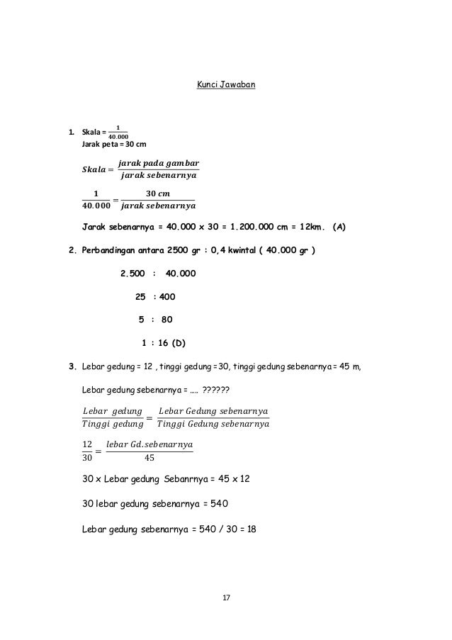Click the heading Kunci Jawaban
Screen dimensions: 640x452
pyautogui.click(x=225, y=86)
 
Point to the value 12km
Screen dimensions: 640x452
pyautogui.click(x=306, y=228)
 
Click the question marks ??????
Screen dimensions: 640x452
pyautogui.click(x=220, y=389)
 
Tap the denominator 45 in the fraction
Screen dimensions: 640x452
pyautogui.click(x=149, y=456)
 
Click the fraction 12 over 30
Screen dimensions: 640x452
pyautogui.click(x=88, y=451)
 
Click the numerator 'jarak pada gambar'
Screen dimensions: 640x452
pyautogui.click(x=159, y=163)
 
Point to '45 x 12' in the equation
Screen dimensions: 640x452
pyautogui.click(x=233, y=479)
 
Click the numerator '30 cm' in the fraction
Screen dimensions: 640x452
pyautogui.click(x=157, y=194)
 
